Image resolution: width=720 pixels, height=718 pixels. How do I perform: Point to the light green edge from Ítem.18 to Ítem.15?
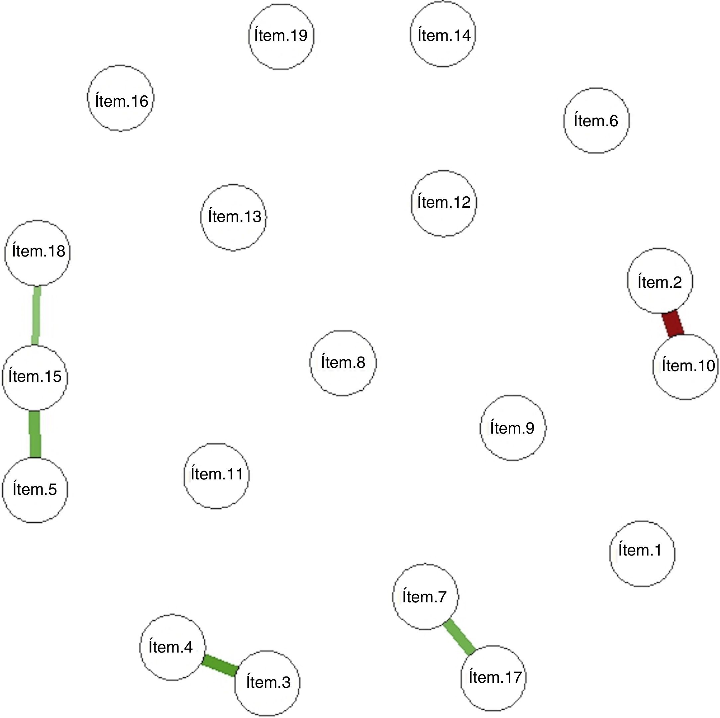click(36, 316)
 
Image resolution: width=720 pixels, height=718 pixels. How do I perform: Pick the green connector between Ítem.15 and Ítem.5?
click(35, 434)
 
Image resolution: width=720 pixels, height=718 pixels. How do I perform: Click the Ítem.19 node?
click(281, 37)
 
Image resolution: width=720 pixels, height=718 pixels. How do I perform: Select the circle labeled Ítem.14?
click(443, 34)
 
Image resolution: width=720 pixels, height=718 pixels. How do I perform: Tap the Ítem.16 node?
click(121, 98)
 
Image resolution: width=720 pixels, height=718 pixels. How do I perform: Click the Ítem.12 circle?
click(444, 203)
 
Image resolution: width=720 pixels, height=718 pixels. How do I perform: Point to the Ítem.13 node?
click(234, 217)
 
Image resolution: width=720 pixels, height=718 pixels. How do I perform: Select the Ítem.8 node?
click(343, 363)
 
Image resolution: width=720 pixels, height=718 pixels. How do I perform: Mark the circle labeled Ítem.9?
click(513, 428)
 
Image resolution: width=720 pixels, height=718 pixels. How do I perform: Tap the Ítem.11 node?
click(217, 476)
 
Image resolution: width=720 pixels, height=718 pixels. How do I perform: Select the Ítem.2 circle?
click(660, 281)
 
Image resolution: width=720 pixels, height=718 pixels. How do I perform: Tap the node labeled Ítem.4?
click(172, 647)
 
